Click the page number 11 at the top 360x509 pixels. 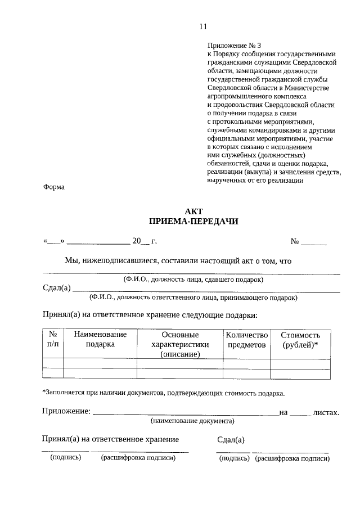(203, 26)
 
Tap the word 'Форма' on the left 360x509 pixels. (54, 187)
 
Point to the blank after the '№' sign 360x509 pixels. (314, 242)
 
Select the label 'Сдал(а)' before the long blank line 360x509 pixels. (57, 289)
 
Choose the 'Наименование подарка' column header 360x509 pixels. (100, 339)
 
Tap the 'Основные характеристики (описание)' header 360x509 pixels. (180, 344)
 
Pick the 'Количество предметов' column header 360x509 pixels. (246, 339)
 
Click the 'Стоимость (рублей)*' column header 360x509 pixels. (300, 339)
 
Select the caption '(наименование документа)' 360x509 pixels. (192, 421)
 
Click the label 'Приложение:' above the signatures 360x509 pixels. (66, 412)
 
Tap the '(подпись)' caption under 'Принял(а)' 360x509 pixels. (66, 458)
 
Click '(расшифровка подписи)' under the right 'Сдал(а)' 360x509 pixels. (292, 458)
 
